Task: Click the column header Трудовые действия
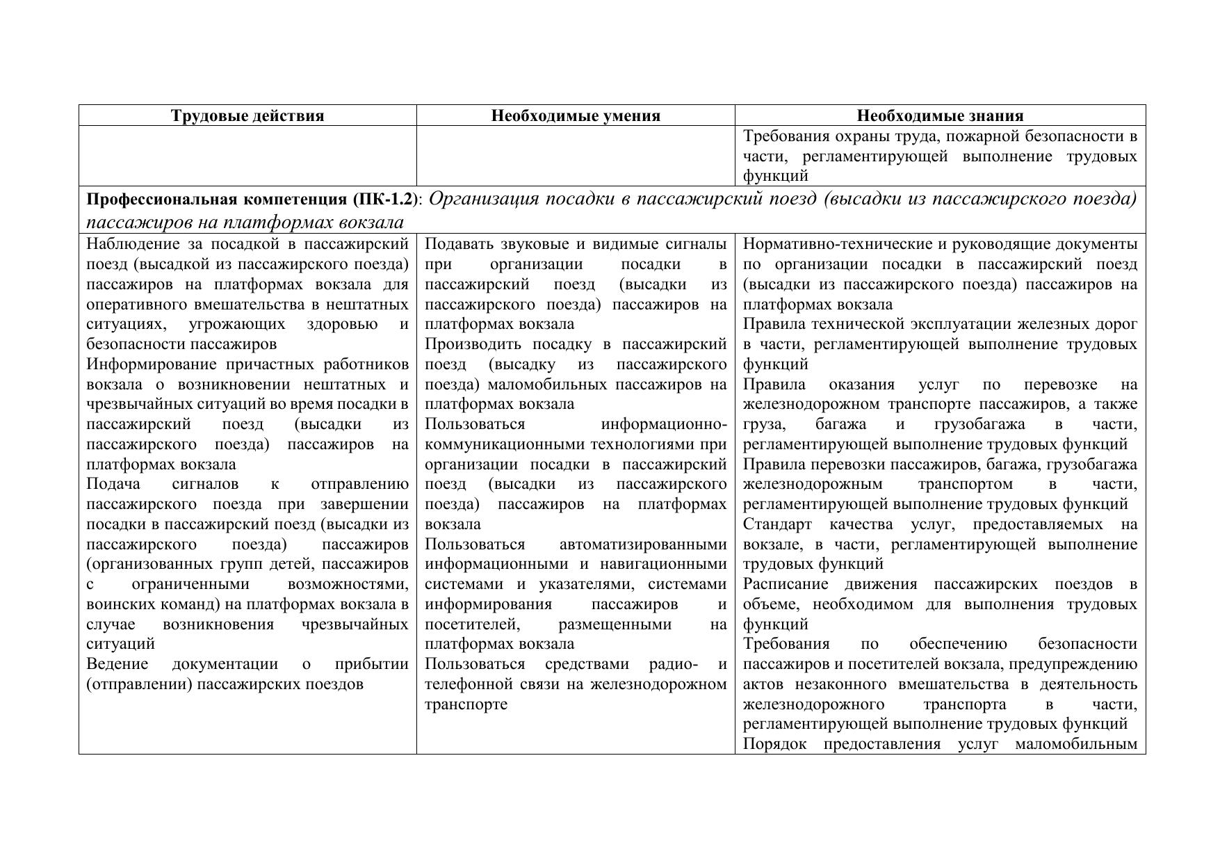(247, 115)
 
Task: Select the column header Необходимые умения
(576, 115)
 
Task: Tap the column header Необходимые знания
(940, 115)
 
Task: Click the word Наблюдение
(132, 244)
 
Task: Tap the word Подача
(113, 484)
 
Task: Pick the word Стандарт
(776, 524)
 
